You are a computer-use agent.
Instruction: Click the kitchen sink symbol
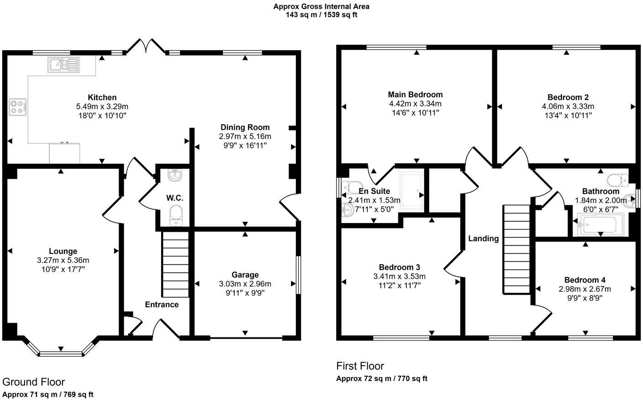click(x=63, y=65)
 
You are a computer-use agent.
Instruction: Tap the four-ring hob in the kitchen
click(x=17, y=107)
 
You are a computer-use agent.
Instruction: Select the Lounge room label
click(x=63, y=251)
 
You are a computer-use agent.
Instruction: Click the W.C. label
click(x=174, y=198)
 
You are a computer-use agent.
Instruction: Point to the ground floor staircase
click(x=176, y=265)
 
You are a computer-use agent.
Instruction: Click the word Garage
click(x=245, y=275)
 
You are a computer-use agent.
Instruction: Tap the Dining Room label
click(x=245, y=127)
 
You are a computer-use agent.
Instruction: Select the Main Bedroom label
click(x=415, y=95)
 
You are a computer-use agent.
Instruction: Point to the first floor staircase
click(x=516, y=250)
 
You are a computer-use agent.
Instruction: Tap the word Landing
click(x=483, y=238)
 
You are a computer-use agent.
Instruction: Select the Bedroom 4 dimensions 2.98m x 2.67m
click(x=585, y=289)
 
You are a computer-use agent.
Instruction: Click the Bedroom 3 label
click(x=399, y=267)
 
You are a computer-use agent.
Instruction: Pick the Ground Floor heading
click(x=34, y=382)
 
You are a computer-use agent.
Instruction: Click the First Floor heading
click(x=360, y=366)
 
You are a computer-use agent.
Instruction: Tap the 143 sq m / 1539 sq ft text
click(x=321, y=15)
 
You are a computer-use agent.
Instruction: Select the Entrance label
click(x=162, y=304)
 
